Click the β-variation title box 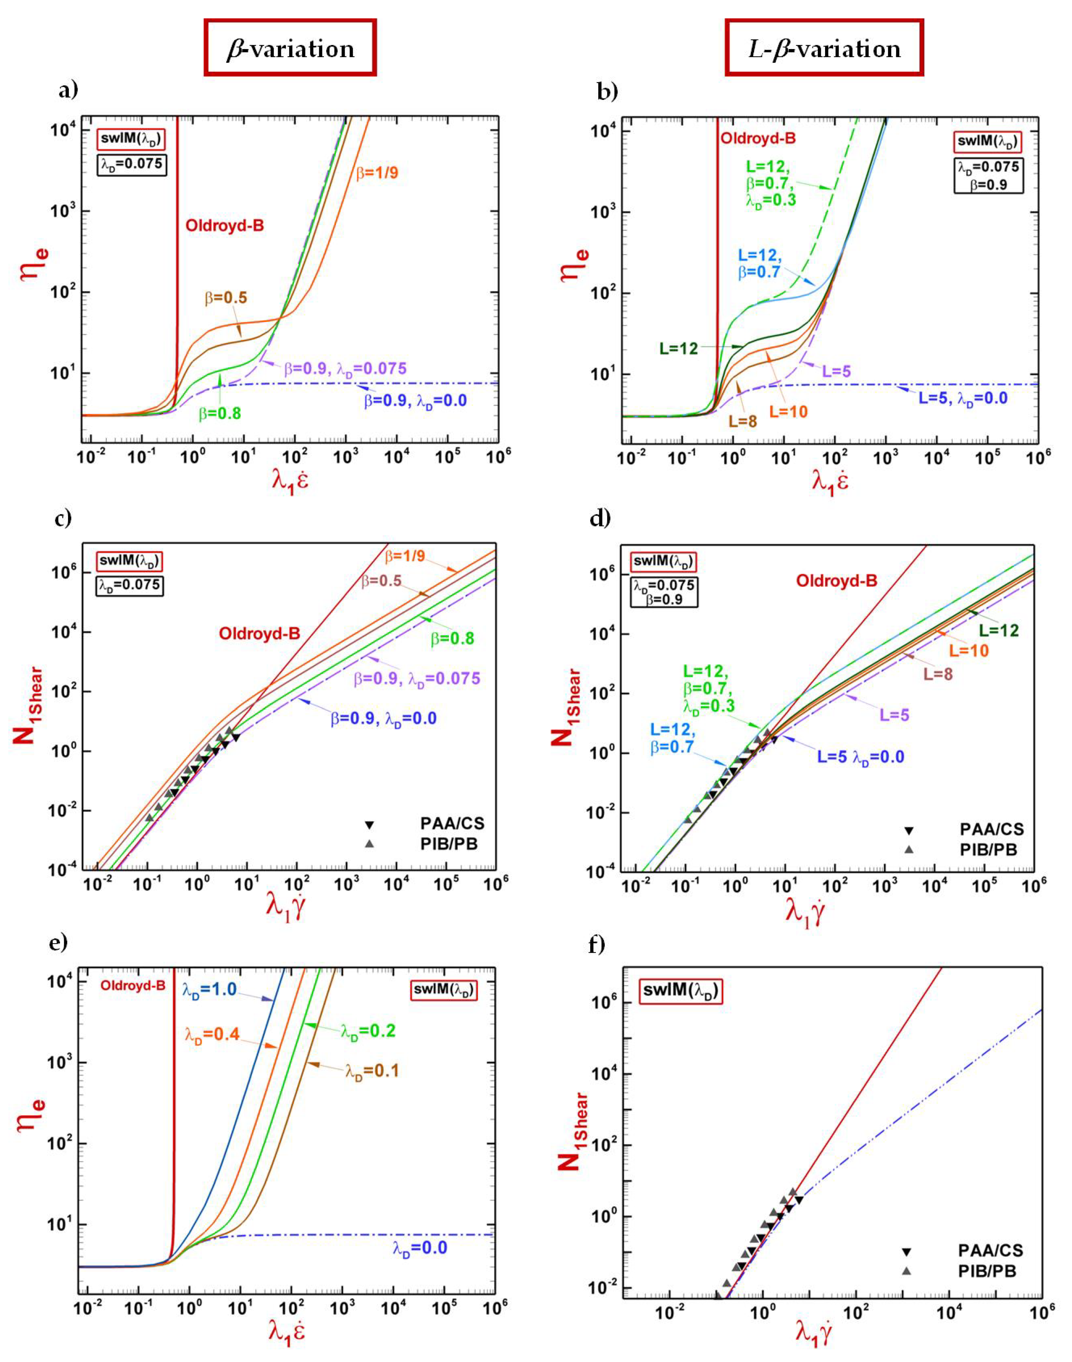pos(290,48)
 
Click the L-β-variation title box pos(824,48)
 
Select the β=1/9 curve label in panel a pos(377,173)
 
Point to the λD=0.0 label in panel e pos(420,1248)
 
